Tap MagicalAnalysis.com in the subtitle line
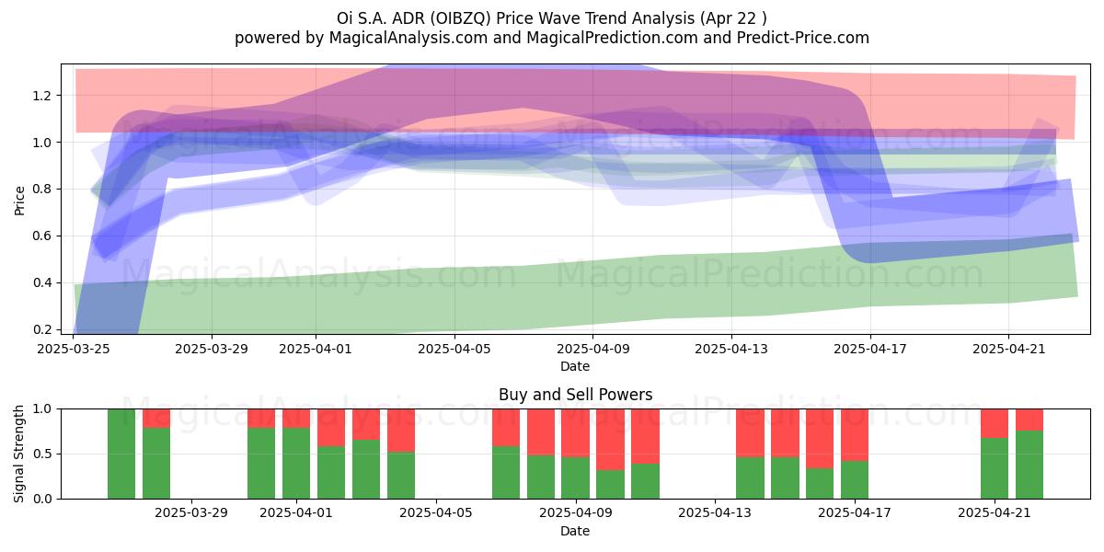(x=408, y=38)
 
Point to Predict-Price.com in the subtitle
(x=803, y=38)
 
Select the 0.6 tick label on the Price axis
(x=41, y=236)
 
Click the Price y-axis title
(x=19, y=201)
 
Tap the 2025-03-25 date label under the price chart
(x=74, y=349)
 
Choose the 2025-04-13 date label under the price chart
(x=730, y=349)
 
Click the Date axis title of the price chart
(x=575, y=366)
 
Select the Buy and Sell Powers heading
(x=575, y=395)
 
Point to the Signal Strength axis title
(x=18, y=454)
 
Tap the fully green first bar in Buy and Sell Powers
(x=121, y=454)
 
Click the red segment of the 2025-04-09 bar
(x=575, y=433)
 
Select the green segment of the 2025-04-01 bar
(x=296, y=464)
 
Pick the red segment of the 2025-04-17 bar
(x=855, y=435)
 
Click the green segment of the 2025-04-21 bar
(x=995, y=468)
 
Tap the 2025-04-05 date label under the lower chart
(x=436, y=513)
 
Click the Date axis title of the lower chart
(x=575, y=531)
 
